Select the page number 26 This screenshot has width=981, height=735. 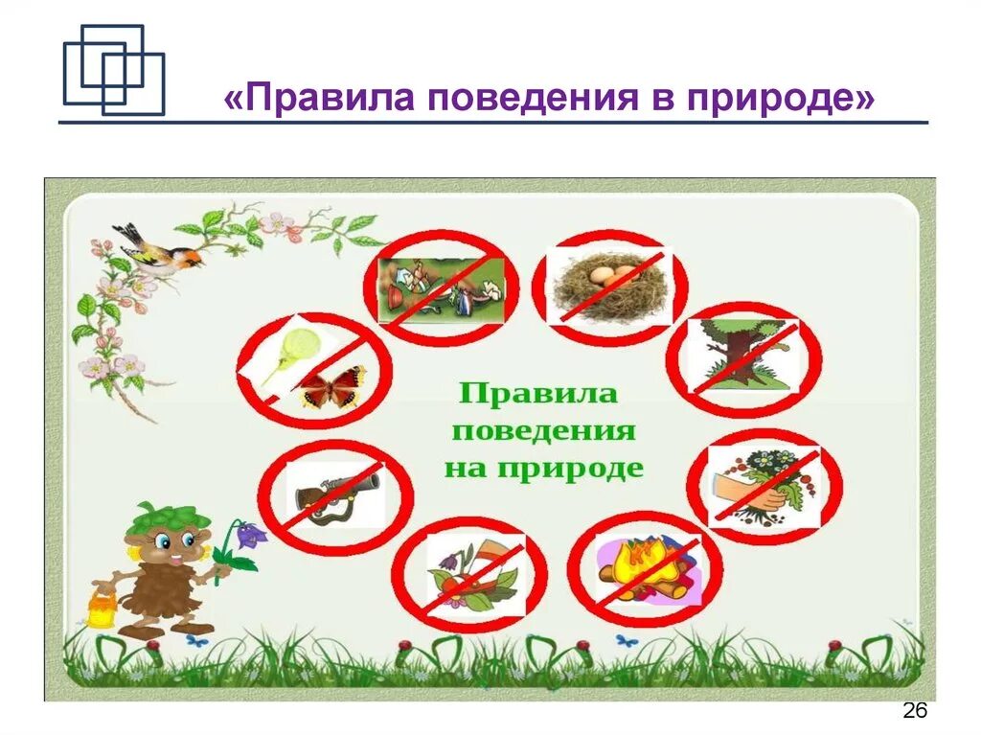pyautogui.click(x=915, y=711)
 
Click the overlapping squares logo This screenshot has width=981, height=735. pyautogui.click(x=113, y=70)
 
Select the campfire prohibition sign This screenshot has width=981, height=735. pyautogui.click(x=645, y=567)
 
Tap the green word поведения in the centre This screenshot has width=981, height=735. pyautogui.click(x=543, y=430)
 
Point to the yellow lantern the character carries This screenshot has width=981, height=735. pyautogui.click(x=102, y=609)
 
